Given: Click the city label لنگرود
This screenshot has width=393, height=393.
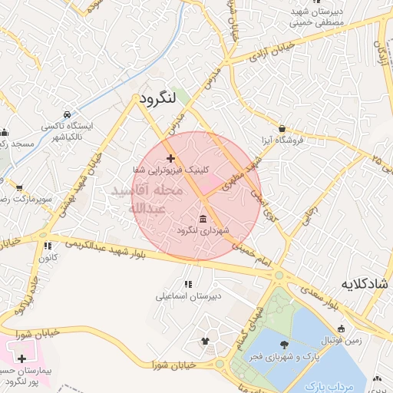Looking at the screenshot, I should point(158,97).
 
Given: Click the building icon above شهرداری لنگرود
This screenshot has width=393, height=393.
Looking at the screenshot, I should point(203,219).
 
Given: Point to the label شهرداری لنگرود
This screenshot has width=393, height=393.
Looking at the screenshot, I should point(203,230).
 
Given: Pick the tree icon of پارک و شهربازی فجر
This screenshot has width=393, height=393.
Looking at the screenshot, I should point(286,343).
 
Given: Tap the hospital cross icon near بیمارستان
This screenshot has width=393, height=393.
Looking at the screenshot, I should point(21,358).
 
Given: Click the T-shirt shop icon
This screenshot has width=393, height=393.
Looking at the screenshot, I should point(205,341).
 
